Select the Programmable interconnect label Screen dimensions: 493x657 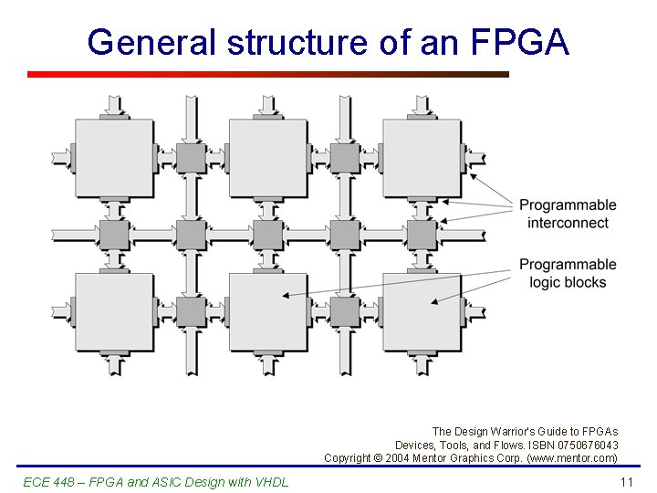coord(568,214)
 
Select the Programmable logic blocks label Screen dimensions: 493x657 coord(568,273)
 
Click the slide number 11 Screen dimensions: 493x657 coord(626,481)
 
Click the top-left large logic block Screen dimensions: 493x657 coord(114,157)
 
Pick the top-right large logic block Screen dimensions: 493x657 coord(422,157)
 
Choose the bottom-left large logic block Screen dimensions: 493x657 coord(114,311)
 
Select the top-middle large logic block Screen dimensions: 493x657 coord(267,157)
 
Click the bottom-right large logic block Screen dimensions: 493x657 coord(422,311)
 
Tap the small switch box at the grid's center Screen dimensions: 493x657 coord(267,235)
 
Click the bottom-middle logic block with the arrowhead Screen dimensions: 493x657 coord(267,311)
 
